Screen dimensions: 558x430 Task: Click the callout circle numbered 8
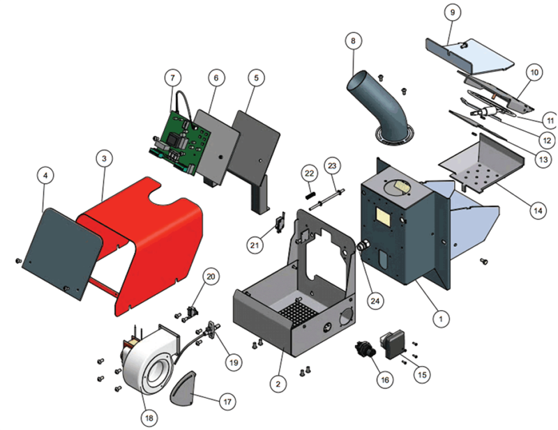pyautogui.click(x=353, y=41)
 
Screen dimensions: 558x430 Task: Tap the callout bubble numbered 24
pyautogui.click(x=375, y=301)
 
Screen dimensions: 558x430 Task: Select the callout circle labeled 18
pyautogui.click(x=149, y=418)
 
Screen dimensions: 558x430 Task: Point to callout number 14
pyautogui.click(x=538, y=210)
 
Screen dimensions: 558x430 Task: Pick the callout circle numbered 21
pyautogui.click(x=255, y=245)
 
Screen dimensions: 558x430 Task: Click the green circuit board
pyautogui.click(x=180, y=142)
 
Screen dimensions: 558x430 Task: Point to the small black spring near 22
pyautogui.click(x=310, y=196)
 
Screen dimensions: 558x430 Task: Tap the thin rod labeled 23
pyautogui.click(x=326, y=200)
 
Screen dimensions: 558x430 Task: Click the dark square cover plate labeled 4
pyautogui.click(x=62, y=254)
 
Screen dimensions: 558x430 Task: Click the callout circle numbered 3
pyautogui.click(x=104, y=158)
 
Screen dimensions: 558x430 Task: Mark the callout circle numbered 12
pyautogui.click(x=546, y=141)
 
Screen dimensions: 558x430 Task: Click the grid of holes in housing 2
pyautogui.click(x=299, y=312)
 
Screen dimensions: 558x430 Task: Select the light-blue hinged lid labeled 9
pyautogui.click(x=469, y=57)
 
